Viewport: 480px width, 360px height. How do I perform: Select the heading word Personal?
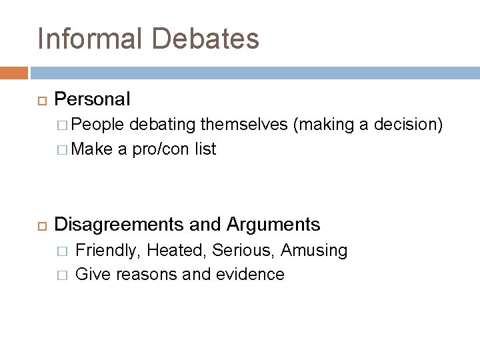[92, 99]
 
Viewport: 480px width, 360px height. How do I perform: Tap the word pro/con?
[158, 149]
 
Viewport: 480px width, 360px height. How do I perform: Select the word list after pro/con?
[205, 149]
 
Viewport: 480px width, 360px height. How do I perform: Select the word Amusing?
[314, 250]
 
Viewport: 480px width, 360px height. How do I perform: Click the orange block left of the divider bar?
[14, 72]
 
